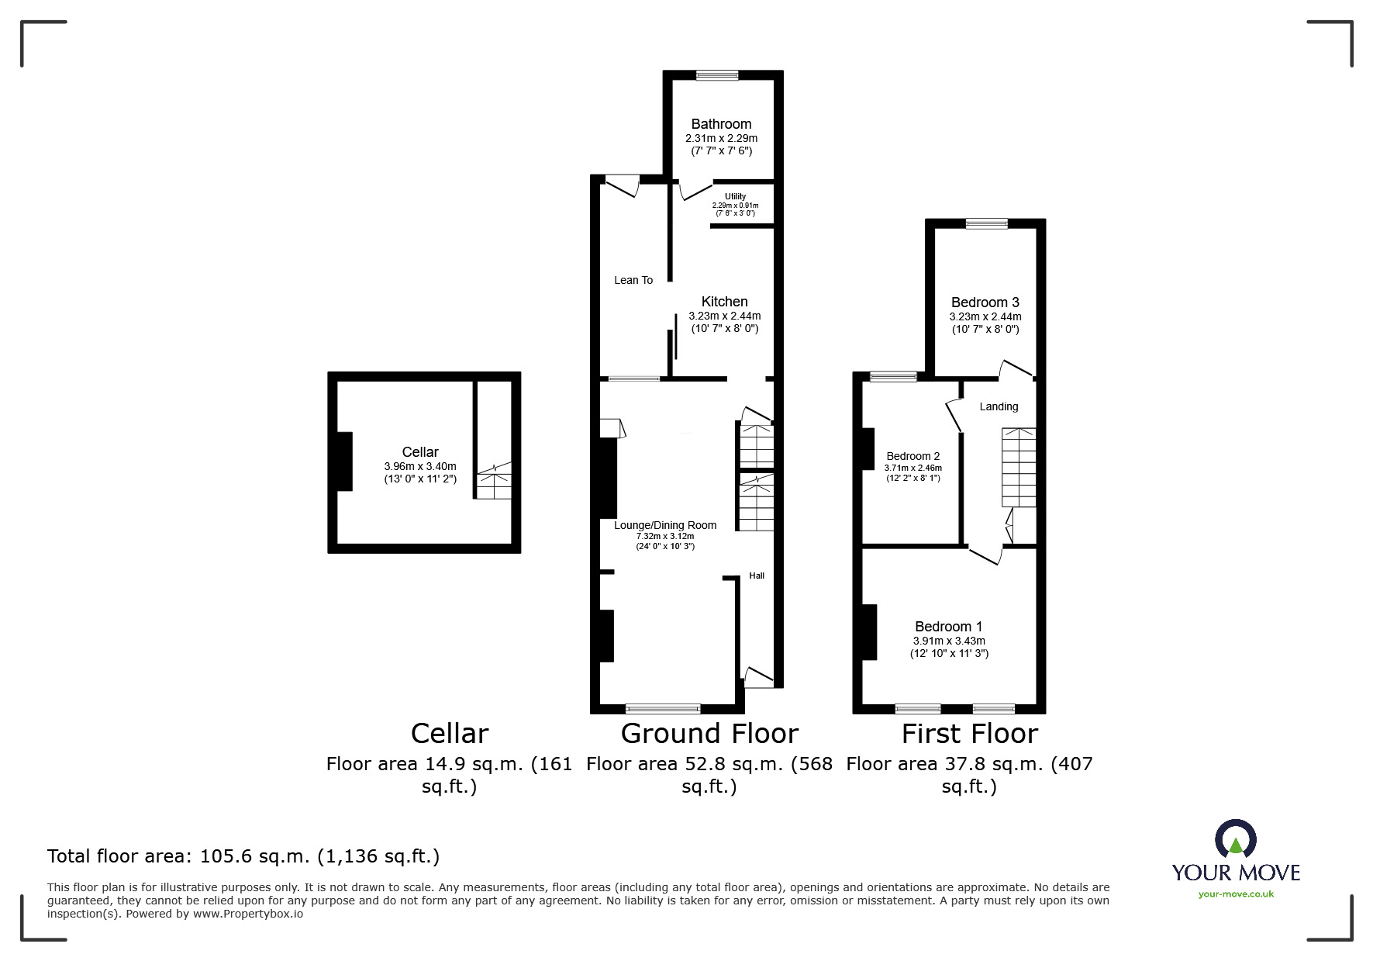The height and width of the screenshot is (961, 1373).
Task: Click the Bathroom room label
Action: (721, 124)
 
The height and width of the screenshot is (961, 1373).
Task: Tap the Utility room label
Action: (735, 197)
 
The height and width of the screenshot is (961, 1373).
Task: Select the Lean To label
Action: (633, 280)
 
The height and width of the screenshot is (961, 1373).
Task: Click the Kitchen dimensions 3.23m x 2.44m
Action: (724, 316)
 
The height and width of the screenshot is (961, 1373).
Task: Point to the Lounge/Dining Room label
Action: (665, 525)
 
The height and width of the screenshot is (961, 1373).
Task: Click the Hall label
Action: (757, 576)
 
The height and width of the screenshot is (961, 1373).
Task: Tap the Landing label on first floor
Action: (999, 406)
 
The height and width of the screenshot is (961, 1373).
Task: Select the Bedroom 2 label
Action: (913, 456)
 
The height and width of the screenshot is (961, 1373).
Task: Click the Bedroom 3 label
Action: (985, 302)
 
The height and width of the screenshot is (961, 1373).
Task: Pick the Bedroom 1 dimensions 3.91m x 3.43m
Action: (949, 641)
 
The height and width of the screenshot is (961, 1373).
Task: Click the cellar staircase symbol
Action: (493, 481)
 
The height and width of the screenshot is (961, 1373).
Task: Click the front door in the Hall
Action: (758, 676)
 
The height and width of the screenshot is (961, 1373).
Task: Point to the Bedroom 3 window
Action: (986, 223)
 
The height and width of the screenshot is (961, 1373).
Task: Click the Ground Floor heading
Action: (709, 734)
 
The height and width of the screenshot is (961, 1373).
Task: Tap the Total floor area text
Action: (243, 856)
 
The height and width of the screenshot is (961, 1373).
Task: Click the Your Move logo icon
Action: (1235, 839)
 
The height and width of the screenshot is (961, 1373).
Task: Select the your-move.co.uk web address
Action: (1236, 894)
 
